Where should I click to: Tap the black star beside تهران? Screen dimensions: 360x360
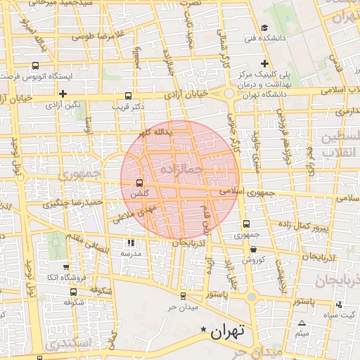click(x=204, y=329)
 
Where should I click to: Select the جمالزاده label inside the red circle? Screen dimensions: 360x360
click(x=181, y=169)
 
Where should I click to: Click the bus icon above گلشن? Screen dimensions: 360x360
click(x=138, y=183)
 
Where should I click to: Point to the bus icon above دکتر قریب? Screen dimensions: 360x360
click(x=127, y=96)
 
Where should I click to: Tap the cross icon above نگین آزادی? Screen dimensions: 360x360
click(x=63, y=93)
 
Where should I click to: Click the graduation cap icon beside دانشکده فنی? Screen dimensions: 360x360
click(x=263, y=28)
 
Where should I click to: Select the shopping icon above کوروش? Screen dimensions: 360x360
click(x=253, y=249)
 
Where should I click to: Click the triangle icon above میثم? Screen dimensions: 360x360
click(x=302, y=323)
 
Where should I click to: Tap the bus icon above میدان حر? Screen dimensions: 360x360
click(x=183, y=296)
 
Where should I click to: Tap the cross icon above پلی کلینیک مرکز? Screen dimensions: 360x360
click(x=264, y=63)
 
